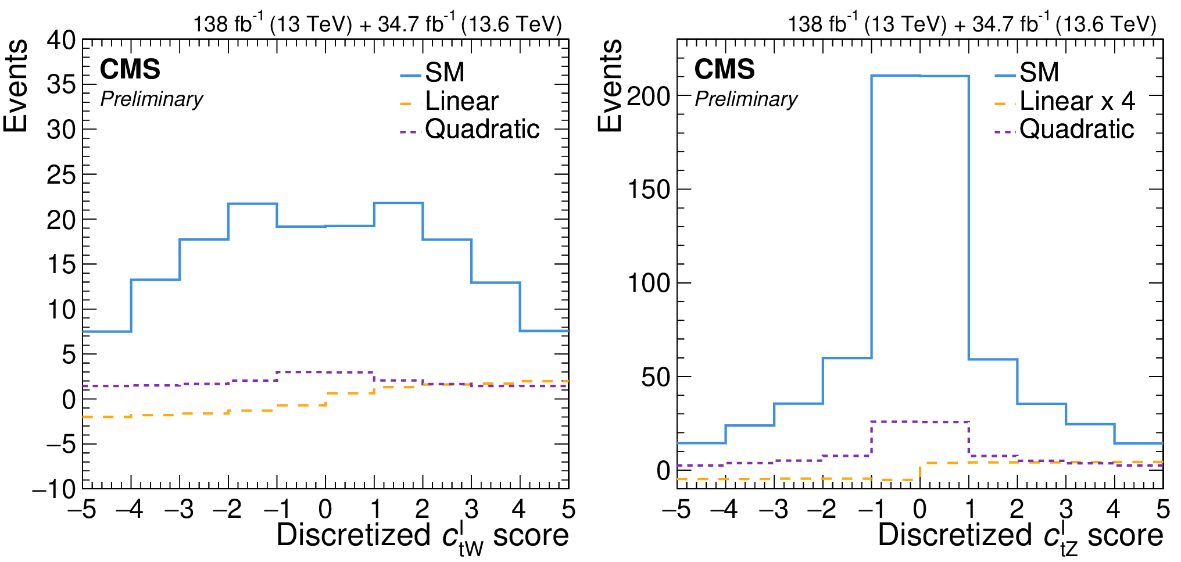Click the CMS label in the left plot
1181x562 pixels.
[x=130, y=70]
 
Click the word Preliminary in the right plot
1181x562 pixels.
[x=746, y=99]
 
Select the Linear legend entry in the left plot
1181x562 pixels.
[x=461, y=101]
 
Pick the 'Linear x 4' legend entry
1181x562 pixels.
[x=1077, y=101]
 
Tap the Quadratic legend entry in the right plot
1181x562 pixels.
[x=1076, y=129]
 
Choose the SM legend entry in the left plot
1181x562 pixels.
[x=445, y=73]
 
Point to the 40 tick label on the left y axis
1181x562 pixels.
[x=61, y=40]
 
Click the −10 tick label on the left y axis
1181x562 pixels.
[x=54, y=489]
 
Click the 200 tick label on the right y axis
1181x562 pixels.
[x=649, y=96]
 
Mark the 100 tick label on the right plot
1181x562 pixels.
[x=649, y=283]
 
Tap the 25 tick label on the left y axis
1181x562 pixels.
[x=61, y=174]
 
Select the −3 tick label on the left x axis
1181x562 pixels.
[x=179, y=510]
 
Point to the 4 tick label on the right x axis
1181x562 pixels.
[x=1113, y=510]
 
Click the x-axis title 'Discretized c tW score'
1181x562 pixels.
[x=423, y=536]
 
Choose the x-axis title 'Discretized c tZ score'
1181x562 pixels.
[x=1020, y=536]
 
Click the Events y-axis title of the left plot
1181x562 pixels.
[x=16, y=86]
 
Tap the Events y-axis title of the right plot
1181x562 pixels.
[x=610, y=86]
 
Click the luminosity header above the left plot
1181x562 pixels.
[x=378, y=24]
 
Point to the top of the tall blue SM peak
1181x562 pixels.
[x=920, y=76]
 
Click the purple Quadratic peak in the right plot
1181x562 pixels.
[x=920, y=422]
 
